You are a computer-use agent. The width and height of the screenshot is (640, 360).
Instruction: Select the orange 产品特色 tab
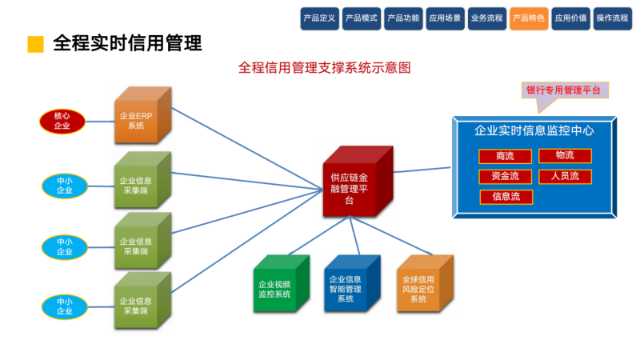(x=528, y=17)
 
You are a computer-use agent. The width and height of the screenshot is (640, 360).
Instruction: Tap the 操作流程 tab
(x=612, y=17)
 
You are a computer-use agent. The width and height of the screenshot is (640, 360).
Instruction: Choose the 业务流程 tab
(x=486, y=17)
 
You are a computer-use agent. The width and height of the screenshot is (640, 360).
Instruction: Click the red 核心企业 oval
(x=62, y=121)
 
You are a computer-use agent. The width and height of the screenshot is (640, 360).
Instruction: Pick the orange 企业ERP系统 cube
(x=137, y=118)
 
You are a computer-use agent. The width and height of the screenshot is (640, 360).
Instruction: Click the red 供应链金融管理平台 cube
(x=355, y=182)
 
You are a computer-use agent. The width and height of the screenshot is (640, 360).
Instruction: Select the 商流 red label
(x=505, y=155)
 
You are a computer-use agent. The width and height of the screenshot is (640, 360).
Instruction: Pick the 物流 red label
(x=565, y=155)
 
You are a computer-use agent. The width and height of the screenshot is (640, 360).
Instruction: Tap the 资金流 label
(x=505, y=176)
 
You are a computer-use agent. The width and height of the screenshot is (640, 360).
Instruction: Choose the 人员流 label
(x=565, y=176)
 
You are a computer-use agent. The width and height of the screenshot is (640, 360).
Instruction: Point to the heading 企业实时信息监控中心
(x=534, y=130)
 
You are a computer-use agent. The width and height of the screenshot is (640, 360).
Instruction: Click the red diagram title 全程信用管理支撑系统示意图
(x=324, y=68)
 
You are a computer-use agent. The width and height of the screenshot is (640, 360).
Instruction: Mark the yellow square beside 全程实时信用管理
(x=35, y=43)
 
